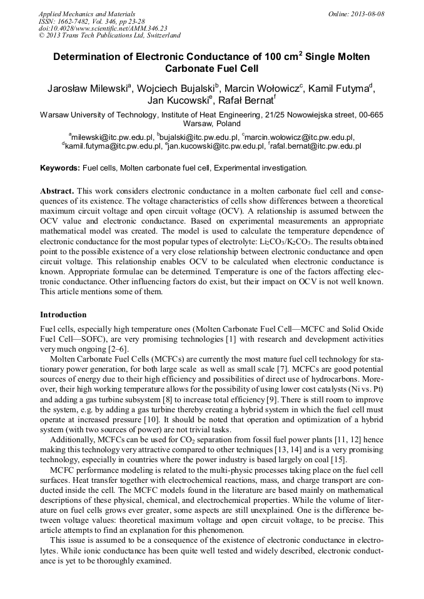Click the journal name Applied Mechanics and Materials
[x=87, y=14]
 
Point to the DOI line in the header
[x=103, y=28]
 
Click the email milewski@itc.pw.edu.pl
[x=113, y=137]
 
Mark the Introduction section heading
[x=63, y=314]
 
